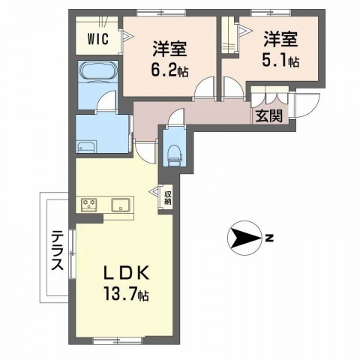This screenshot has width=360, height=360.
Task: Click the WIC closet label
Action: point(97,37)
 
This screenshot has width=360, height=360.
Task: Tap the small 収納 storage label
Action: point(168,197)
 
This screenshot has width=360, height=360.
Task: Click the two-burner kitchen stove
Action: point(88,205)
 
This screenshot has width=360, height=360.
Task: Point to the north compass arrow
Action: point(241,238)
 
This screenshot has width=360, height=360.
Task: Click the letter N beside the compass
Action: point(268,239)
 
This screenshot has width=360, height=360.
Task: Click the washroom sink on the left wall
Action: point(86,145)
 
